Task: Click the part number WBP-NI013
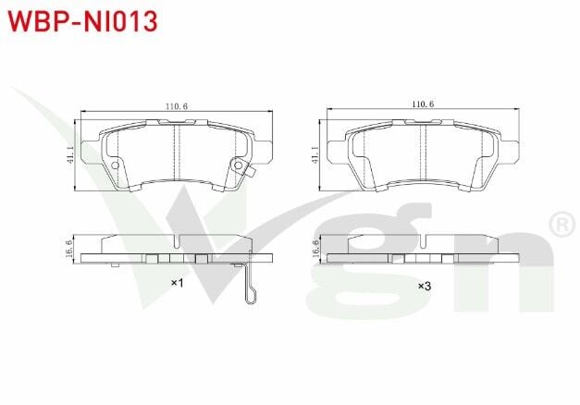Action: coord(83,19)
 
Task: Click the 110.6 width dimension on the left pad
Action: coord(176,107)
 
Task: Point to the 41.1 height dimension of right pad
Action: coord(316,155)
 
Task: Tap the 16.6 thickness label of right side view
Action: coord(316,247)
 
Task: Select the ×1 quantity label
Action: coord(178,283)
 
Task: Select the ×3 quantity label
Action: coord(424,286)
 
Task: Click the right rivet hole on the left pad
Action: coord(238,166)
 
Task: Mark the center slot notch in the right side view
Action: coord(423,243)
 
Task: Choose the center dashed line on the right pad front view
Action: coord(423,153)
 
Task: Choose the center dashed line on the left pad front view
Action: coord(176,153)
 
